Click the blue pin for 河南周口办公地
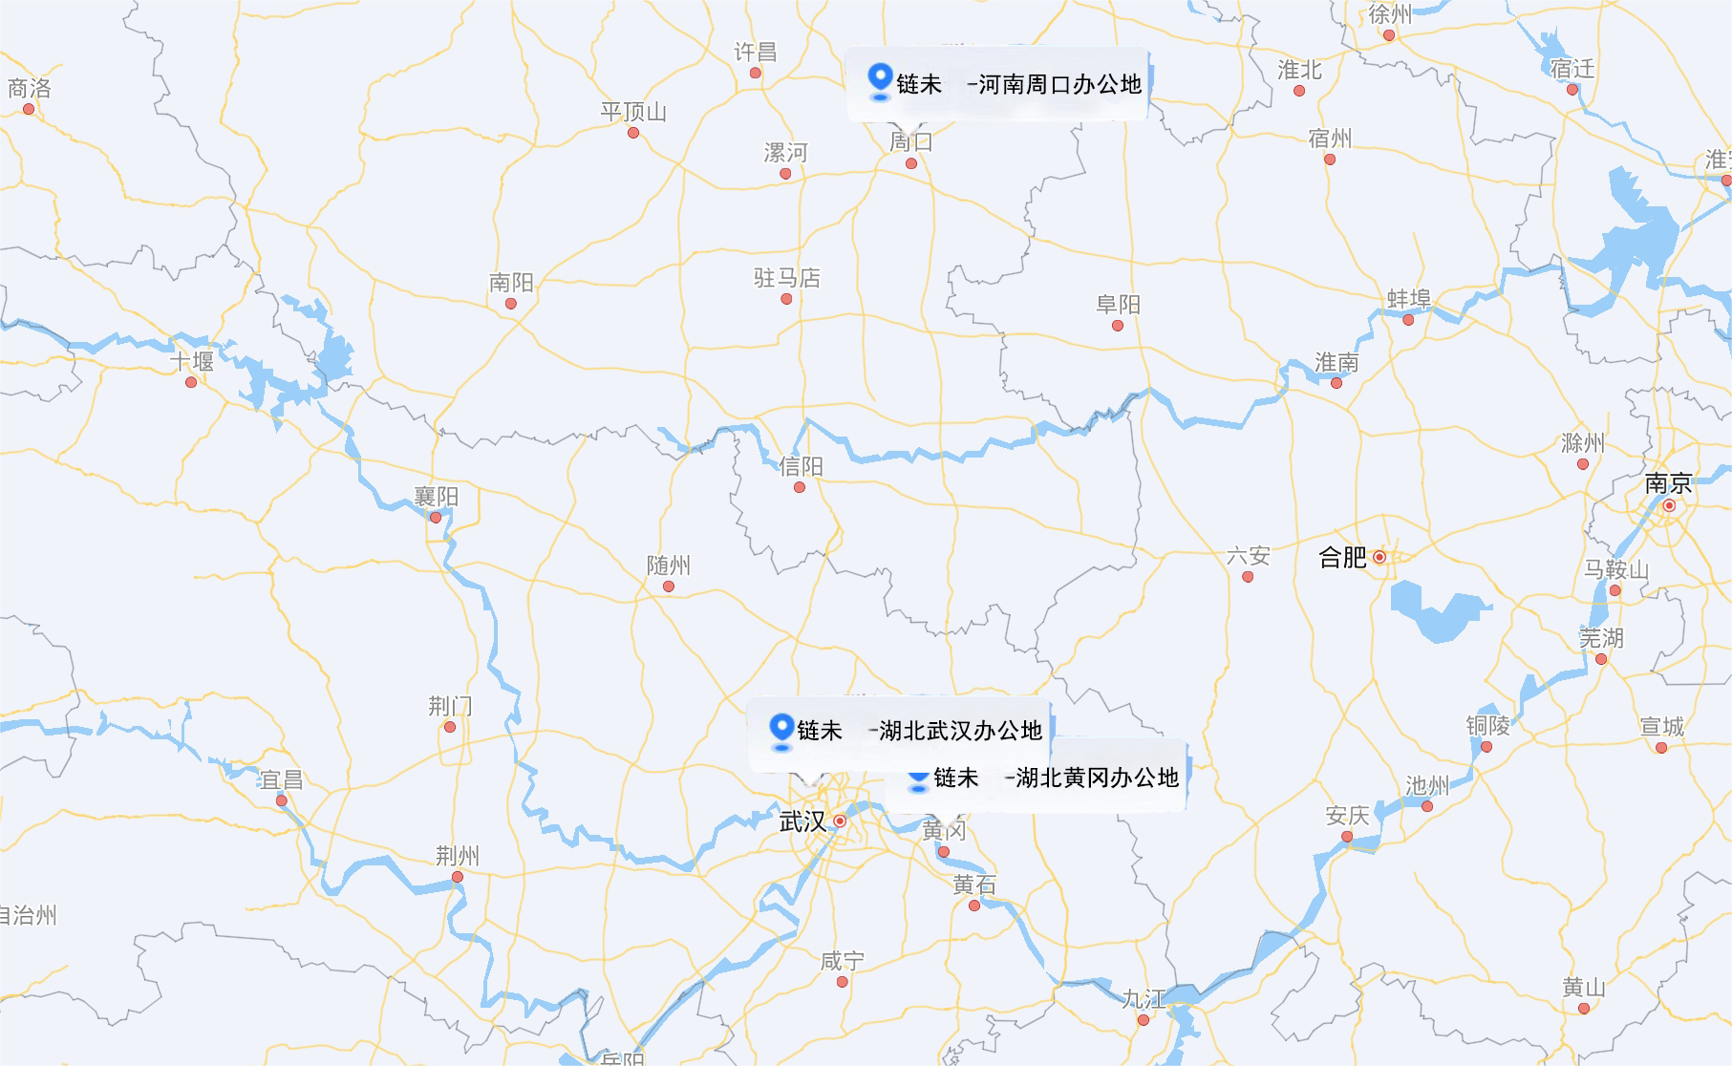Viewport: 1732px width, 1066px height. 880,80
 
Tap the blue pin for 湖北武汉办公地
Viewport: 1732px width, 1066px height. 781,729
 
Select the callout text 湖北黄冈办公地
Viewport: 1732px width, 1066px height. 1097,778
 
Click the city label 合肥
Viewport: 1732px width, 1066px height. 1342,558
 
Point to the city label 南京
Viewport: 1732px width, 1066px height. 1668,483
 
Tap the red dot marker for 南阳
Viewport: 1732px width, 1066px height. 511,304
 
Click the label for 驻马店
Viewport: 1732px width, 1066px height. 786,278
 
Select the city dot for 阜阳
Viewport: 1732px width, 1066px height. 1118,326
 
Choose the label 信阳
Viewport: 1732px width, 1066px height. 801,466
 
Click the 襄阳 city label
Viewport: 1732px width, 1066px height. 436,497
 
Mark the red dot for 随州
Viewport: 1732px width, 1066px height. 669,586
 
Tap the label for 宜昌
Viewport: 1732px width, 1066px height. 281,780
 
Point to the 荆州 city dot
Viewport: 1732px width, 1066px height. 458,877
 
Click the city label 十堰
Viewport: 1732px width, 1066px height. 192,362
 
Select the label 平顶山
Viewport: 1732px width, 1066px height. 632,112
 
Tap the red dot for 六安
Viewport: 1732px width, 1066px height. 1248,577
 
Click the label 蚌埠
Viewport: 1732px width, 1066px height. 1408,299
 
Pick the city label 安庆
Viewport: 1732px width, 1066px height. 1347,816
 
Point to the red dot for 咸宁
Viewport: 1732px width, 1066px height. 842,982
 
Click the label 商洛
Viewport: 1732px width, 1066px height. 30,89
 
